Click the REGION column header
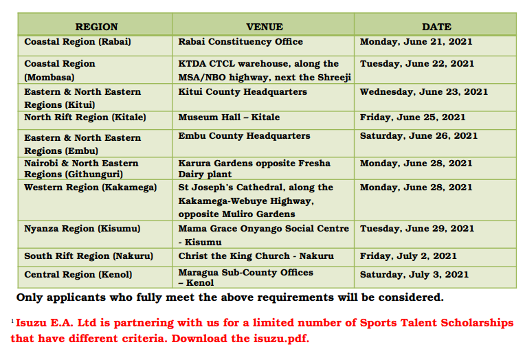tap(96, 27)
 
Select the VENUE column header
tap(265, 27)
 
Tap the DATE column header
tap(436, 27)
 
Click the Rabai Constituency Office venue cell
tap(241, 41)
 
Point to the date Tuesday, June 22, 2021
tap(417, 64)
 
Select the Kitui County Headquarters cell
tap(243, 92)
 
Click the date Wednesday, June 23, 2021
tap(424, 92)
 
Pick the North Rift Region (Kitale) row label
tap(85, 117)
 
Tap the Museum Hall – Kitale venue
tap(229, 117)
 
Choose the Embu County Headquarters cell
tap(244, 135)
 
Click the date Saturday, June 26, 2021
tap(418, 135)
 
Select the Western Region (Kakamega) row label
tap(91, 187)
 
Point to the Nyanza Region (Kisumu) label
tap(82, 229)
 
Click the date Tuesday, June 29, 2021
tap(417, 228)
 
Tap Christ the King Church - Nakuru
tap(256, 256)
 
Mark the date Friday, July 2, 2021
tap(408, 256)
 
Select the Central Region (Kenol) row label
tap(78, 275)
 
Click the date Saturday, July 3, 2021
tap(414, 275)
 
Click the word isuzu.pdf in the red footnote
tap(281, 339)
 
